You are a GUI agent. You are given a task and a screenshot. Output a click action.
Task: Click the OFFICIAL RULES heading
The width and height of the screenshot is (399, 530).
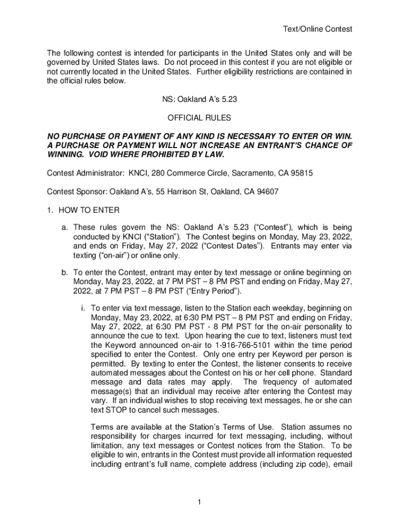point(199,118)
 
